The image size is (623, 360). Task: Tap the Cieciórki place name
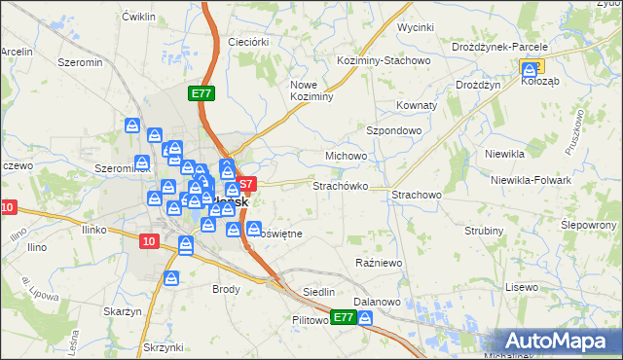point(247,42)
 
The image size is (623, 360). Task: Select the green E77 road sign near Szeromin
point(201,93)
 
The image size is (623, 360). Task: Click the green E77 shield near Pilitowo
point(343,318)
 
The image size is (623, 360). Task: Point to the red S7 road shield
point(246,183)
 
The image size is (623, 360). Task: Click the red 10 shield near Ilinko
point(148,241)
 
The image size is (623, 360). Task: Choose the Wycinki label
point(416,27)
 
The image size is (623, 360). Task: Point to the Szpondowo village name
point(393,129)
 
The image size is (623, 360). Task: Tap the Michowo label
point(346,156)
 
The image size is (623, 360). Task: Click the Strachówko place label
point(339,185)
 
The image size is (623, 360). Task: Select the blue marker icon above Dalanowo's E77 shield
point(365,318)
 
